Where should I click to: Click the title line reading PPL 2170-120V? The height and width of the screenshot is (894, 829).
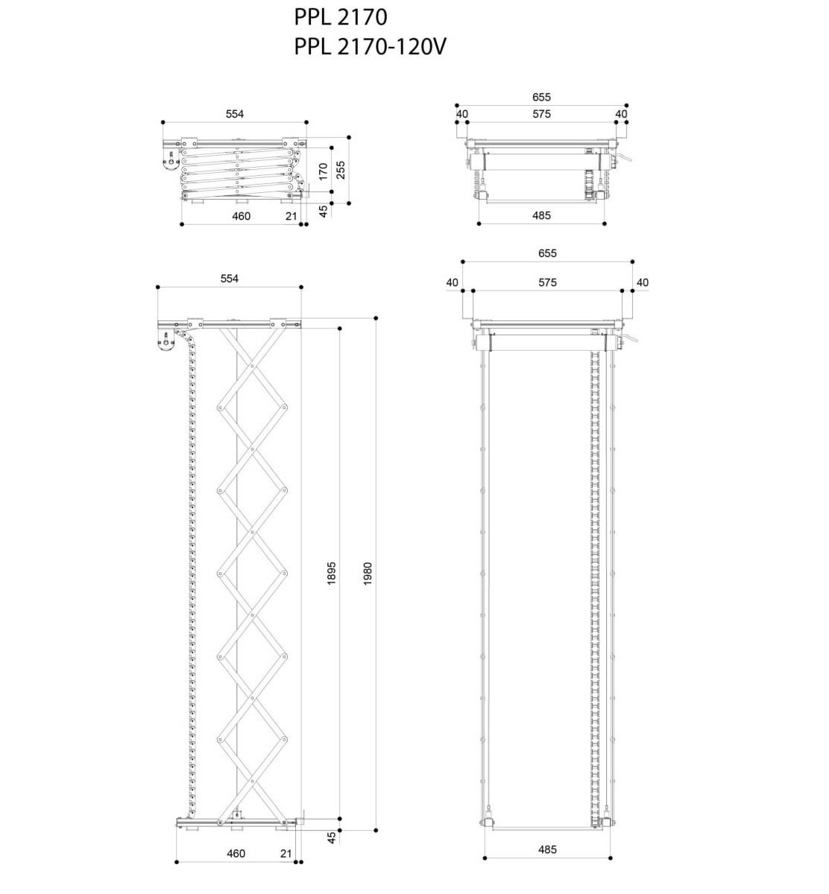tap(370, 46)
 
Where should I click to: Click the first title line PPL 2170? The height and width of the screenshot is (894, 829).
tap(341, 18)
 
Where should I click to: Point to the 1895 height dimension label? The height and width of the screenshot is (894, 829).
tap(332, 573)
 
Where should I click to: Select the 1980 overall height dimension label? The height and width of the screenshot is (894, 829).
tap(368, 573)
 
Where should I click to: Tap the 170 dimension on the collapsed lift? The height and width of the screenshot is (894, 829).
tap(323, 171)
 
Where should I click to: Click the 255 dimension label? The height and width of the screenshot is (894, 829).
tap(341, 170)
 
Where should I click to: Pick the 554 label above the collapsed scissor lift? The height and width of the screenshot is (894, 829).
tap(235, 114)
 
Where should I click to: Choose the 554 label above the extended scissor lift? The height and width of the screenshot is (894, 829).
tap(230, 279)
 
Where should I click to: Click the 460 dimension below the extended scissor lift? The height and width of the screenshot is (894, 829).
tap(236, 853)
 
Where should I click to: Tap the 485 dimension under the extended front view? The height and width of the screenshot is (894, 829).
tap(547, 849)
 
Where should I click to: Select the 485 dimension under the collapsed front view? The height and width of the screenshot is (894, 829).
tap(541, 215)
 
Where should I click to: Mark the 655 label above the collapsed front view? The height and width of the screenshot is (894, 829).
tap(541, 97)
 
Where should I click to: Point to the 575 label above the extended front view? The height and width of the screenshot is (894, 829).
tap(547, 282)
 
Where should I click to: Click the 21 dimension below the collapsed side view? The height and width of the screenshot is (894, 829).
tap(291, 216)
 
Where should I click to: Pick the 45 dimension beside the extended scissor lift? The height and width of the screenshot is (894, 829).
tap(332, 837)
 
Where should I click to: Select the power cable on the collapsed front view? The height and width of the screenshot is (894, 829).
tap(624, 157)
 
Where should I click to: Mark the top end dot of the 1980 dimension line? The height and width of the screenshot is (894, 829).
tap(376, 318)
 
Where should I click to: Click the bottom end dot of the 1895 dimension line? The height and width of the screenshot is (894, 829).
tap(340, 819)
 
